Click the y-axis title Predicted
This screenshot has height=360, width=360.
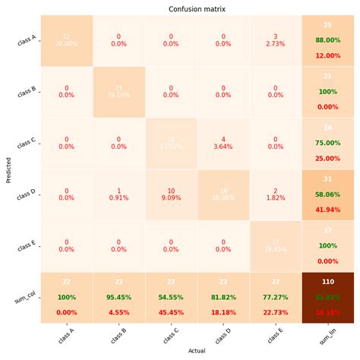tap(8, 169)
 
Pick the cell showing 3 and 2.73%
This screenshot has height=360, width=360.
tap(275, 40)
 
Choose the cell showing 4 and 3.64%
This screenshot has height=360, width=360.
tap(223, 143)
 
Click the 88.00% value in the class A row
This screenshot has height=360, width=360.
tap(327, 40)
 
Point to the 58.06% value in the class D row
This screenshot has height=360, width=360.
tap(327, 195)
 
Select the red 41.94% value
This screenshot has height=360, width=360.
tap(327, 209)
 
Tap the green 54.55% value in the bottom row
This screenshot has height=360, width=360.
tap(171, 298)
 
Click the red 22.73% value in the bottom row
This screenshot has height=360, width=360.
tap(275, 311)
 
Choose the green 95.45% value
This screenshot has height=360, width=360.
tap(119, 298)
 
